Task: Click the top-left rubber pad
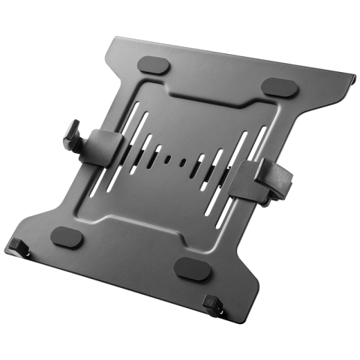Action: coord(154,64)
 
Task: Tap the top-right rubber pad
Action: coord(281,87)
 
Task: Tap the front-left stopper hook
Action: coord(17,244)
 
